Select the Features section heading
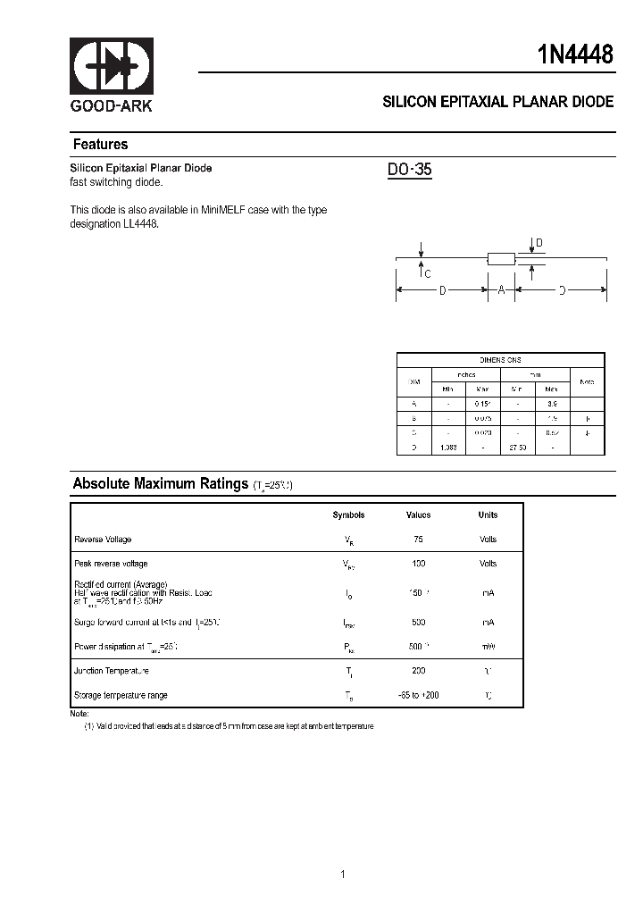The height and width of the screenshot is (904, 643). pos(100,145)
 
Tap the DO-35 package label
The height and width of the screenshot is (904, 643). pos(410,170)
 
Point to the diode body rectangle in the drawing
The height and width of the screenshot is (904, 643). pos(501,259)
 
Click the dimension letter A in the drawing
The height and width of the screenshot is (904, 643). pos(501,289)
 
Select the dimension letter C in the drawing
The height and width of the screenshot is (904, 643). pos(428,274)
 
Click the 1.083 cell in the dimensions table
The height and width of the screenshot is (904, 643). pos(448,447)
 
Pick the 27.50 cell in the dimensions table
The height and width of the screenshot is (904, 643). pos(517,447)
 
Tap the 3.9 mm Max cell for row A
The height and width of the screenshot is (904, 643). pos(552,405)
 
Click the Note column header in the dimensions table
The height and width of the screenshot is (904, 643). pos(587,381)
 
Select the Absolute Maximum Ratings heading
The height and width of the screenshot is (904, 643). pos(160,484)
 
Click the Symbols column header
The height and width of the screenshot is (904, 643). pos(348,515)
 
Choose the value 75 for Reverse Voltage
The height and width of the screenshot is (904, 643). pos(418,540)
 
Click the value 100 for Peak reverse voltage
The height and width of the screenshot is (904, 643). pos(418,564)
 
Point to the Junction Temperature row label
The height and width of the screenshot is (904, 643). pos(111,671)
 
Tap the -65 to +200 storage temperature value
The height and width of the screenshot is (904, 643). pos(418,695)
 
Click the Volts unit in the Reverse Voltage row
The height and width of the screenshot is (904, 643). pos(488,540)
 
